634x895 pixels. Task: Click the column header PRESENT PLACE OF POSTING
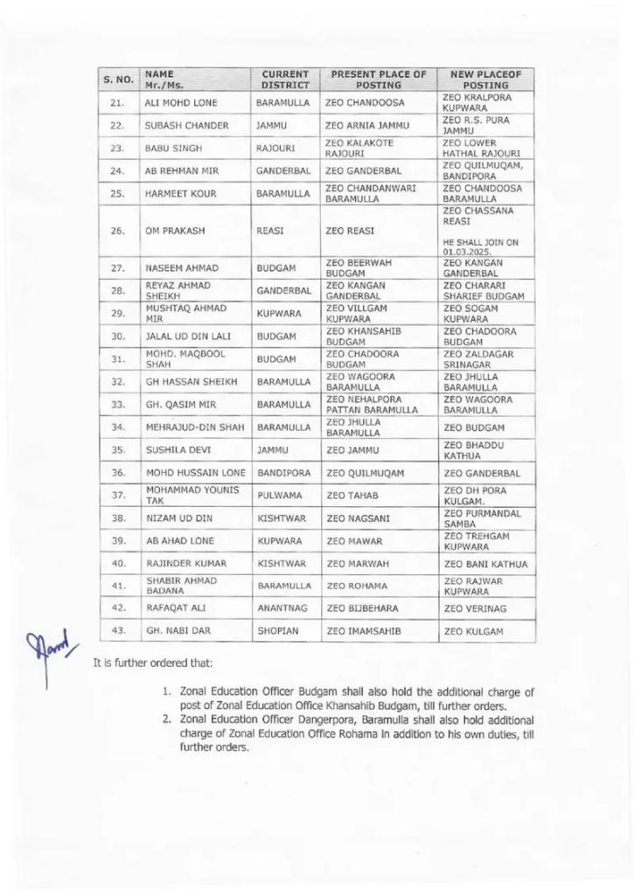tap(378, 80)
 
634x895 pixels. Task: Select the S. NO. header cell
tap(118, 80)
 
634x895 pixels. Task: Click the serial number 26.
tap(118, 231)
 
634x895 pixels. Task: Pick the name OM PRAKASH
tap(173, 231)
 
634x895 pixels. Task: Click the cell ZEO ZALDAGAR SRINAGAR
tap(477, 359)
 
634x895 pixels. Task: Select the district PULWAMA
tap(280, 496)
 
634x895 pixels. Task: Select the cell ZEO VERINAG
tap(473, 607)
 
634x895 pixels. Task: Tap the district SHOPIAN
tap(279, 630)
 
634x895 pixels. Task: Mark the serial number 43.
tap(118, 630)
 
